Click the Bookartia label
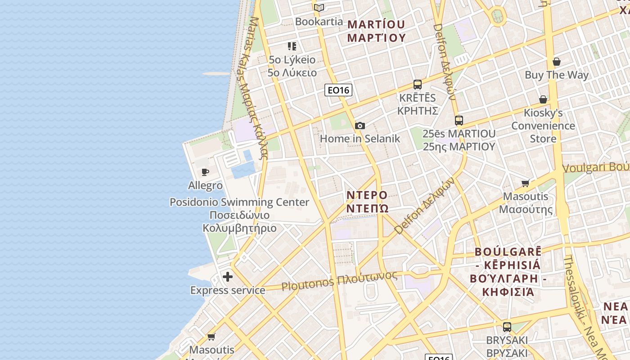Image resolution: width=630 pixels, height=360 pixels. point(319,21)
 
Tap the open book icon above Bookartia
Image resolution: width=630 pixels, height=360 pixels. point(319,8)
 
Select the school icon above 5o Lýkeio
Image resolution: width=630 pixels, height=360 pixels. point(292,46)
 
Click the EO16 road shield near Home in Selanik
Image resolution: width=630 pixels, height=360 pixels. point(338,90)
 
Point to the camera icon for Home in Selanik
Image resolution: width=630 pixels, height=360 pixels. point(360,126)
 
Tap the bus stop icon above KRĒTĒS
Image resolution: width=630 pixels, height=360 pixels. point(418,85)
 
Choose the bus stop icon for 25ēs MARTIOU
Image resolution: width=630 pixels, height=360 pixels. point(459,121)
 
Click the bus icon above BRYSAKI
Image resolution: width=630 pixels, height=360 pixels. point(507,327)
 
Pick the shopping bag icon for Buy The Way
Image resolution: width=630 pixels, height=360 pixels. point(557,62)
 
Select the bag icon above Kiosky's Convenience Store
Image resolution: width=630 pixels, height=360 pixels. point(543,99)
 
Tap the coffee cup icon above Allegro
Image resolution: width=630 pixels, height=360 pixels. point(205,172)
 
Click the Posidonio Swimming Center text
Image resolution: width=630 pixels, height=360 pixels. point(239,202)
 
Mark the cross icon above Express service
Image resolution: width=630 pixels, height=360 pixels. point(228,277)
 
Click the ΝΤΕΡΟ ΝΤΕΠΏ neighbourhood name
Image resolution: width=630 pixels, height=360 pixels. point(367,202)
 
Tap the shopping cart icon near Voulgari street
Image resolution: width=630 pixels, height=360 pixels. point(525,183)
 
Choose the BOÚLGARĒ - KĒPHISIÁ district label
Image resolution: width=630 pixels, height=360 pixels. point(508,272)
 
